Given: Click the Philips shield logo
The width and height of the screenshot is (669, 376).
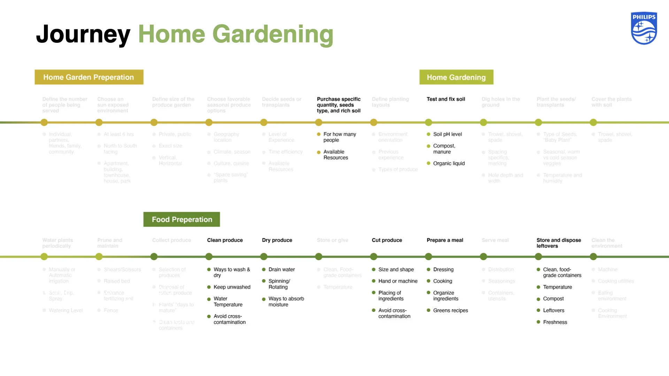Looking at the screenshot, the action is pyautogui.click(x=644, y=29).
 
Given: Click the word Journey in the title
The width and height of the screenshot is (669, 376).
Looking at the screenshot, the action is pyautogui.click(x=83, y=34).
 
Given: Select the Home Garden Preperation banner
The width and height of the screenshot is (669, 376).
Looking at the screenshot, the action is pyautogui.click(x=89, y=77).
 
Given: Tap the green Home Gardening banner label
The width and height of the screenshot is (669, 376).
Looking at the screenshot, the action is pyautogui.click(x=456, y=77).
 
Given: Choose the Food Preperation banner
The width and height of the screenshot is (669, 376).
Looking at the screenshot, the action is pyautogui.click(x=182, y=219).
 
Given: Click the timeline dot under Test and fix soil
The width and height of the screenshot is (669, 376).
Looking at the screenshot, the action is pyautogui.click(x=429, y=123).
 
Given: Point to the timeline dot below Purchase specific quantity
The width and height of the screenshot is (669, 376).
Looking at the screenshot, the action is pyautogui.click(x=318, y=123).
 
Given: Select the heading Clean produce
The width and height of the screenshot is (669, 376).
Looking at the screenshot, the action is pyautogui.click(x=225, y=240).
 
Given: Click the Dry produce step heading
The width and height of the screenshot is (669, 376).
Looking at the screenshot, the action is pyautogui.click(x=277, y=240).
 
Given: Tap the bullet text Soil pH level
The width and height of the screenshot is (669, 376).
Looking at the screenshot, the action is pyautogui.click(x=447, y=134).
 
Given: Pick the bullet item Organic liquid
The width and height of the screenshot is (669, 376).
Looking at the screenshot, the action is pyautogui.click(x=449, y=164).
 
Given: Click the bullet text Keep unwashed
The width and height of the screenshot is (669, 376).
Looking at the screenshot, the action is pyautogui.click(x=232, y=287).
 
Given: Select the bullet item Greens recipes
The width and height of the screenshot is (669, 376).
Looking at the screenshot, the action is pyautogui.click(x=451, y=311).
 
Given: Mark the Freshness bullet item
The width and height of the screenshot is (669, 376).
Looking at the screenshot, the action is pyautogui.click(x=555, y=322).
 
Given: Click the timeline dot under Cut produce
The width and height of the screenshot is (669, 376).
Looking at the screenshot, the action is pyautogui.click(x=374, y=257).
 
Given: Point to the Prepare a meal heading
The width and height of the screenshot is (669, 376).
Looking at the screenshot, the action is pyautogui.click(x=445, y=240).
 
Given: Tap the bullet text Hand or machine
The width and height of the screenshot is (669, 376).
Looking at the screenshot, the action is pyautogui.click(x=398, y=281).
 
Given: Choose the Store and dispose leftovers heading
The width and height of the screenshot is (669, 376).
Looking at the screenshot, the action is pyautogui.click(x=559, y=243).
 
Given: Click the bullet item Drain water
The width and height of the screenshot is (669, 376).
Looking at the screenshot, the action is pyautogui.click(x=282, y=269).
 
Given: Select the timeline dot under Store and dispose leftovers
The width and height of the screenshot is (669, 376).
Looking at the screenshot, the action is pyautogui.click(x=538, y=257).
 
